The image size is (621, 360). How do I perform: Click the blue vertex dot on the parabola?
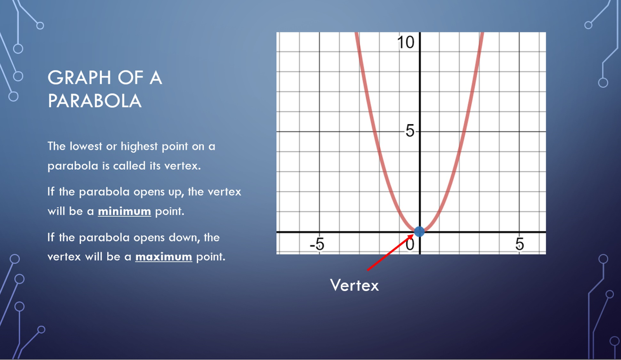(419, 231)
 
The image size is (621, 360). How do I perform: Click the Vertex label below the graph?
(354, 285)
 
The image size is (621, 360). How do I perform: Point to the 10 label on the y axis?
(406, 42)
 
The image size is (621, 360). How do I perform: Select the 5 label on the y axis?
(410, 131)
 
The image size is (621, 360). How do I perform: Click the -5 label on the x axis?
(317, 244)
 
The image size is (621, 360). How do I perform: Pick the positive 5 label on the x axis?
(520, 244)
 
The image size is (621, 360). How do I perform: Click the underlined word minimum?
(124, 211)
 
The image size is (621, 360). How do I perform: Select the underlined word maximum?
(163, 257)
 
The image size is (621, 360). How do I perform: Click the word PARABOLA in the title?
(95, 101)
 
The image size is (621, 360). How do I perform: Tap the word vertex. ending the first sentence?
(182, 166)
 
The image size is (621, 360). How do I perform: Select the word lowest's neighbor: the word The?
(57, 146)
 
